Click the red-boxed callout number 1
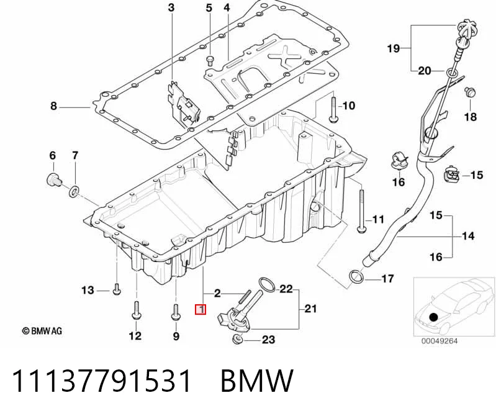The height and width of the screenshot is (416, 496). (201, 309)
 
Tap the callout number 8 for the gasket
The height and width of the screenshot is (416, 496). (53, 106)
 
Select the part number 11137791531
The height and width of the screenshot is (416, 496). (101, 381)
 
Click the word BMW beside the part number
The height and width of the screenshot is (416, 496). (257, 381)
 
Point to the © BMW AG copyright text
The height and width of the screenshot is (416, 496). (42, 331)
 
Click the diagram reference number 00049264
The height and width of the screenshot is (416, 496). (439, 341)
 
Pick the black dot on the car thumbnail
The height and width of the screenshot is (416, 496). (433, 317)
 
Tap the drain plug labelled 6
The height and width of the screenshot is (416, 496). (53, 180)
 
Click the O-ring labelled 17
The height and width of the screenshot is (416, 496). (356, 276)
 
